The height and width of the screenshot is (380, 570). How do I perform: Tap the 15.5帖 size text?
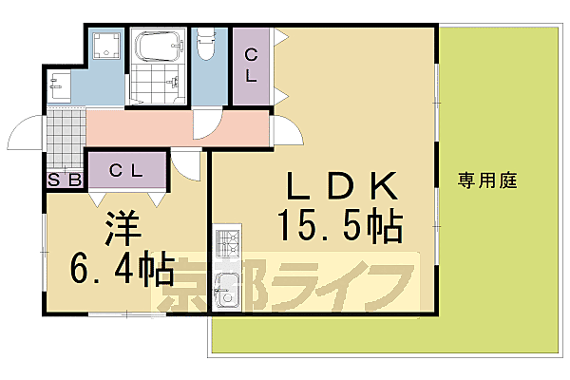pyautogui.click(x=338, y=228)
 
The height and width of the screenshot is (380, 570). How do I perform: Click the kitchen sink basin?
pyautogui.click(x=228, y=289)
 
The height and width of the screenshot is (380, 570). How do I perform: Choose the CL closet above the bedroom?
pyautogui.click(x=125, y=171)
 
